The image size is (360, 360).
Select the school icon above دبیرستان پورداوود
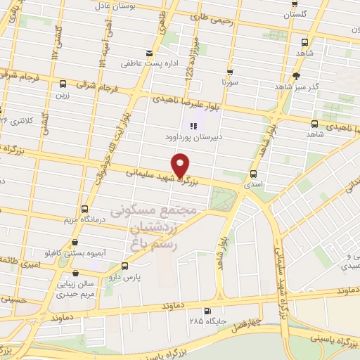point(191,126)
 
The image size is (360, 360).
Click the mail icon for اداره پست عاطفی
point(148,53)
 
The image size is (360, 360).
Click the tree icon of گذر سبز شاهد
point(297,75)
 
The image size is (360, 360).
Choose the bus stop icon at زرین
point(63,83)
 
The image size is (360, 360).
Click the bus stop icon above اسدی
point(254,174)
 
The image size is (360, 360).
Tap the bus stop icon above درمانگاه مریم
point(84,209)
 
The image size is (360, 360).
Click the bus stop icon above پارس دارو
point(124,266)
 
